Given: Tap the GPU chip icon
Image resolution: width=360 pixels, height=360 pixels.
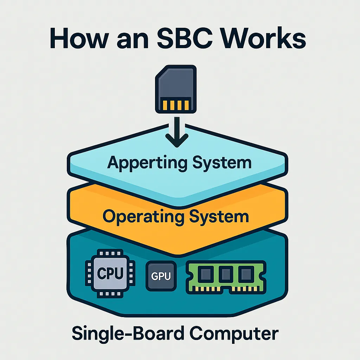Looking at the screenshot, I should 161,276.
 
